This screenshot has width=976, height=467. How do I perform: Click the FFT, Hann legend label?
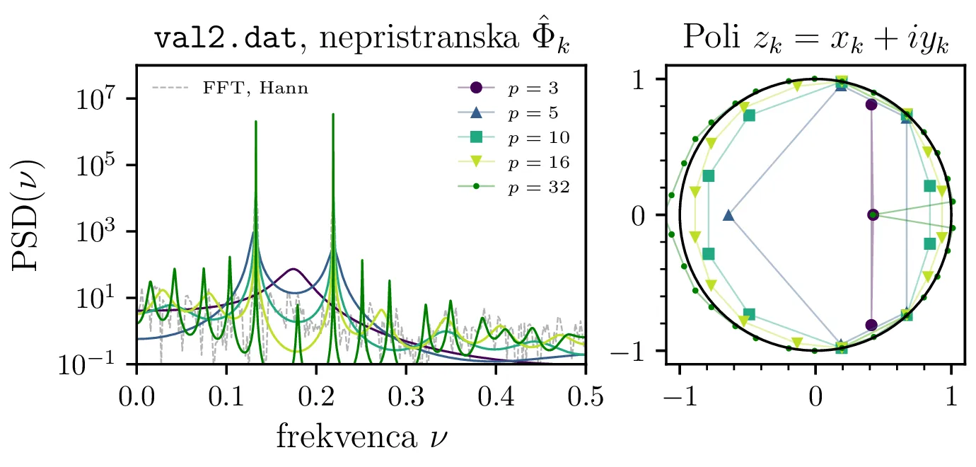point(255,89)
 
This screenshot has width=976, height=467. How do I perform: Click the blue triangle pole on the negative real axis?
point(728,215)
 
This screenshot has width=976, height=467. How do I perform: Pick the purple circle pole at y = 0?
point(873,214)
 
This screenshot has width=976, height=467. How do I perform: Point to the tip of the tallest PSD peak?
point(333,114)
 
